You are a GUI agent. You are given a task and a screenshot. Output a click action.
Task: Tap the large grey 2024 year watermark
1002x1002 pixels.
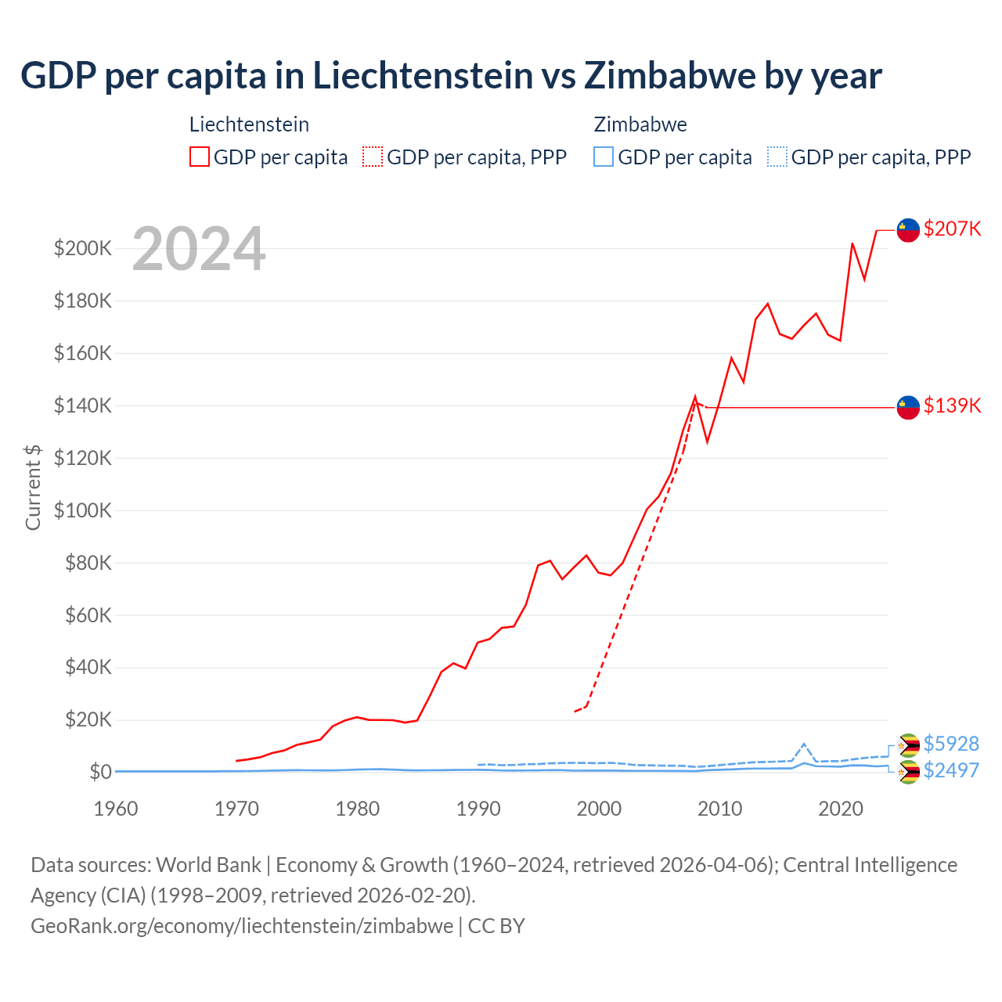[199, 249]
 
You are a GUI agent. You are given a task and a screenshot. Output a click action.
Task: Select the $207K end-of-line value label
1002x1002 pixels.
[952, 229]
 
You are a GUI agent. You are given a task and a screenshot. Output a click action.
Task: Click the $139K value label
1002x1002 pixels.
[952, 405]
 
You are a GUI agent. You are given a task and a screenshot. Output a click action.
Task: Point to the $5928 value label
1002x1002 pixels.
[951, 744]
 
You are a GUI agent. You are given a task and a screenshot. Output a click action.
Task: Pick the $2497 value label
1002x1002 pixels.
[951, 770]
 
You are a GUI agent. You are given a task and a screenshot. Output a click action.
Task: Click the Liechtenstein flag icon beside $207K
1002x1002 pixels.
[908, 229]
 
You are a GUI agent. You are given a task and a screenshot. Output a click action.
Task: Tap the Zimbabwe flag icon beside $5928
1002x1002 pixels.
[908, 744]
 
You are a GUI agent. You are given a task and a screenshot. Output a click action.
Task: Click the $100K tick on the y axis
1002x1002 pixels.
[83, 510]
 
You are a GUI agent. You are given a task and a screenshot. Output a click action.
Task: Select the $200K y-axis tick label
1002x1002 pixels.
[83, 249]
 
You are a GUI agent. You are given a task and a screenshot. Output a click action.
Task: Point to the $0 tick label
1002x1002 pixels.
[100, 772]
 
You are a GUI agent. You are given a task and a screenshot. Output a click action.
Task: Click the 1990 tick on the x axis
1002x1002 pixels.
[478, 809]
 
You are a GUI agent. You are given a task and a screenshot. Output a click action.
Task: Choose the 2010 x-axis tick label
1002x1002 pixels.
[719, 809]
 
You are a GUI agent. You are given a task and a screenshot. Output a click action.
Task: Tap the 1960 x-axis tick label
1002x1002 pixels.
[116, 809]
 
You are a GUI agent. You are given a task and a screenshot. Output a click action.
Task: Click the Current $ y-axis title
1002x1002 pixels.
[33, 487]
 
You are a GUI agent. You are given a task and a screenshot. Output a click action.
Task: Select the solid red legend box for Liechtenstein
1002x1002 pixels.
[200, 157]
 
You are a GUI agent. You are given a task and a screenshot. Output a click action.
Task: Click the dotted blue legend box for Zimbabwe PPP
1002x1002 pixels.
[777, 157]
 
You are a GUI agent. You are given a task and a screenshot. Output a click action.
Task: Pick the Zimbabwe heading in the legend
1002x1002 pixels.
[640, 124]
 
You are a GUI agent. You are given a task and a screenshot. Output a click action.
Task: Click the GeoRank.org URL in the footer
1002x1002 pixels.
[242, 926]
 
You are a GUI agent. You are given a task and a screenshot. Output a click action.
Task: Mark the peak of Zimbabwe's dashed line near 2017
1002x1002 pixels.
[804, 744]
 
